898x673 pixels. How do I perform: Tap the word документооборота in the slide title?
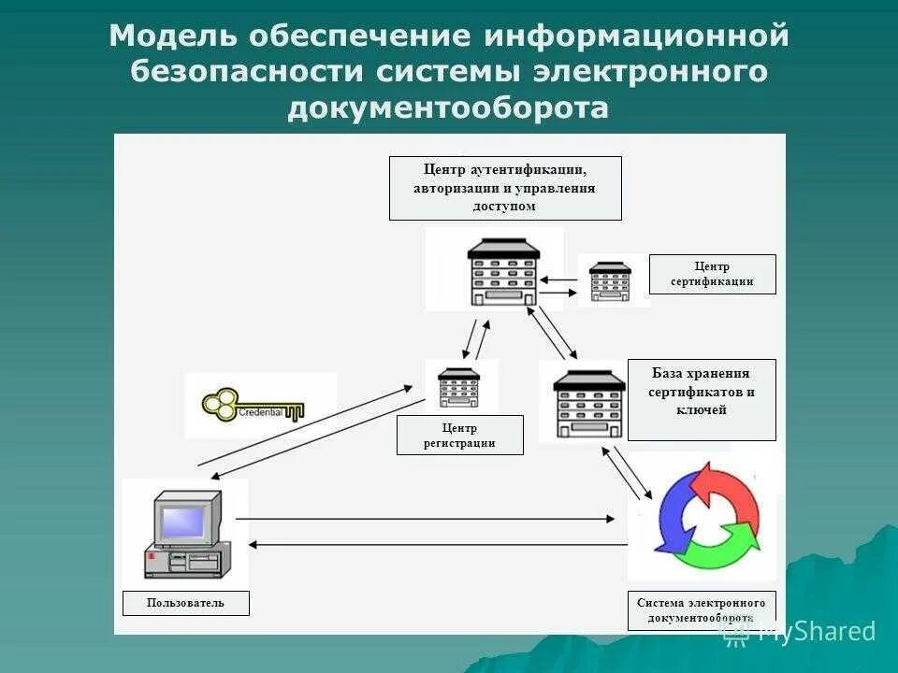448,108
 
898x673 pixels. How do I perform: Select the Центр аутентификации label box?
505,188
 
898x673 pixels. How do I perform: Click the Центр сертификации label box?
712,274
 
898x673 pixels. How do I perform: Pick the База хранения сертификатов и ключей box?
701,399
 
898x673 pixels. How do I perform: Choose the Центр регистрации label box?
459,435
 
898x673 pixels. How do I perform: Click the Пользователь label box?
185,603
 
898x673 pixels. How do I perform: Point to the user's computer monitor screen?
183,523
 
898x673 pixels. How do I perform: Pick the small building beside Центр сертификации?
610,280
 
